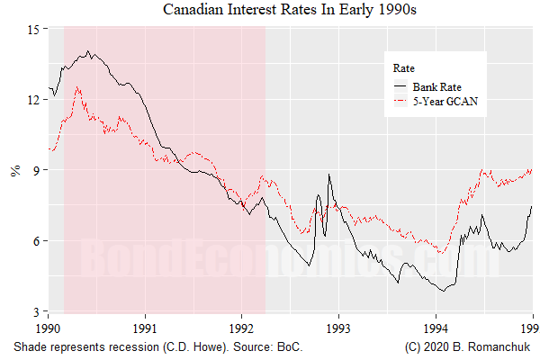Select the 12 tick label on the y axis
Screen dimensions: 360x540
click(x=33, y=99)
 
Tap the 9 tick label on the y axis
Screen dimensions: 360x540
click(x=36, y=170)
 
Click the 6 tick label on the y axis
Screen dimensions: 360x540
click(x=36, y=240)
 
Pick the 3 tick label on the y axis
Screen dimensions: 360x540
click(x=36, y=311)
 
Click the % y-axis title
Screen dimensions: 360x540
click(x=14, y=170)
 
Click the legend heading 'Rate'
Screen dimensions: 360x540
click(x=403, y=68)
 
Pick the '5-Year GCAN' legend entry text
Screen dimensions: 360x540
click(x=444, y=103)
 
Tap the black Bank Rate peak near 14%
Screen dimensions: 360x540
click(x=87, y=51)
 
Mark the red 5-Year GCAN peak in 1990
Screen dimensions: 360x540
click(x=78, y=87)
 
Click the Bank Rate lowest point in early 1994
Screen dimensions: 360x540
click(x=442, y=290)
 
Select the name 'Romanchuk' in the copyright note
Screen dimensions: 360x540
click(x=505, y=347)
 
